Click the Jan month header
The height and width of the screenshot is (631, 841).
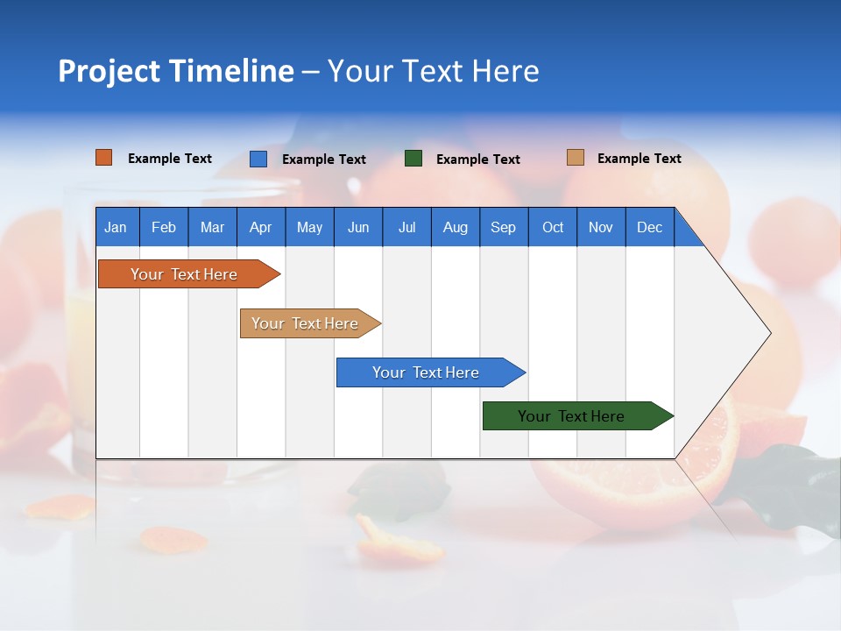tap(116, 227)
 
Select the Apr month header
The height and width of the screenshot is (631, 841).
tap(260, 227)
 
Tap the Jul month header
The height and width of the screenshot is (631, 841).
tap(406, 227)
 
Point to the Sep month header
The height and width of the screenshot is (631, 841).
tap(503, 227)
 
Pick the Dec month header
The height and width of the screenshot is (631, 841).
tap(649, 227)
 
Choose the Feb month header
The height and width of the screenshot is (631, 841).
tap(164, 227)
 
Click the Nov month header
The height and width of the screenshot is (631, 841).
tap(601, 227)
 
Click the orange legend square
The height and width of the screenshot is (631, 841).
tap(103, 158)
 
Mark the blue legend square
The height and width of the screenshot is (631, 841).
tap(258, 159)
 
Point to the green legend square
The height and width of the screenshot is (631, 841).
tap(413, 159)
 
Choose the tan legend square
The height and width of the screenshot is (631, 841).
tap(575, 158)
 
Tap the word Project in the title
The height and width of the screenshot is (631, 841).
tap(109, 72)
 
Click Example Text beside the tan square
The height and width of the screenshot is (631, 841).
tap(639, 159)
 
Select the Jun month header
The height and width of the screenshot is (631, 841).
tap(358, 227)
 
